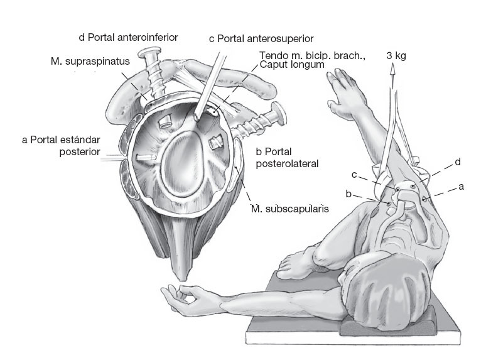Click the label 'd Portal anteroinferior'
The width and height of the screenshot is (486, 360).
click(128, 38)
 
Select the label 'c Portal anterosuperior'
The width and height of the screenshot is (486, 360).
click(261, 40)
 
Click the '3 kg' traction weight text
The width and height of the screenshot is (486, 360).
click(396, 56)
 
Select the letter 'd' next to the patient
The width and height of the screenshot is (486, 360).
click(458, 163)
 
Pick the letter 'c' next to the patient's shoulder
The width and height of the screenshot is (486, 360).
click(354, 174)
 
